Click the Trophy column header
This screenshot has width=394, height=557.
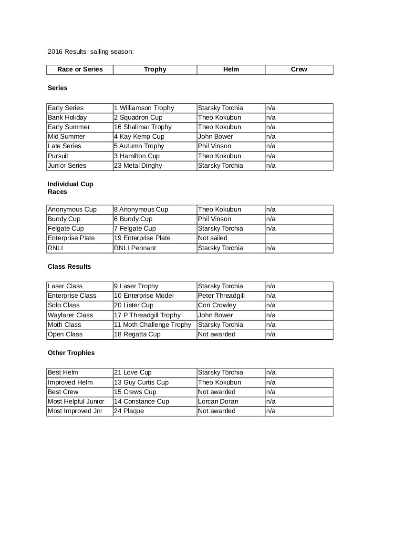tap(155, 70)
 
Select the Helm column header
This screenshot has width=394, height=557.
tap(231, 70)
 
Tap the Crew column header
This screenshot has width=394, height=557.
tap(299, 70)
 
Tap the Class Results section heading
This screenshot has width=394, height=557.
tap(69, 267)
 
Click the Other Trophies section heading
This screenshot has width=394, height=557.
tap(71, 353)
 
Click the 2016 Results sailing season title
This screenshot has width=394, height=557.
tap(91, 51)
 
